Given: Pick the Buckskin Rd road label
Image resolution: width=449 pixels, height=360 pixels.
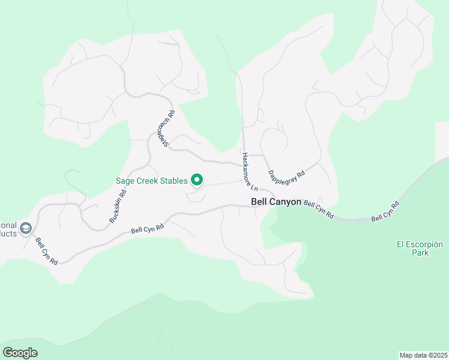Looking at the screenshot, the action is pyautogui.click(x=118, y=207).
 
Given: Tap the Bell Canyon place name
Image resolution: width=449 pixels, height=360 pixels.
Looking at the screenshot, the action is pyautogui.click(x=276, y=202).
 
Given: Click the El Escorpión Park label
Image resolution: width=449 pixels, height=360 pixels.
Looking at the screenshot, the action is pyautogui.click(x=420, y=248).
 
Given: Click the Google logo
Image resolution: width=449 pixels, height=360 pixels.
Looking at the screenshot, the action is pyautogui.click(x=20, y=352).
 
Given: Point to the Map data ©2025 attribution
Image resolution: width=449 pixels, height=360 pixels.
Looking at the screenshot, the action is pyautogui.click(x=423, y=355).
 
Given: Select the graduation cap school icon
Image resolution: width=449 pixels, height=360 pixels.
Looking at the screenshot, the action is pyautogui.click(x=25, y=229).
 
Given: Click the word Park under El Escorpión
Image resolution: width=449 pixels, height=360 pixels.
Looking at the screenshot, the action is pyautogui.click(x=420, y=253).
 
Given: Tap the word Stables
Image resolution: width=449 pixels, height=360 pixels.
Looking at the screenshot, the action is pyautogui.click(x=171, y=180).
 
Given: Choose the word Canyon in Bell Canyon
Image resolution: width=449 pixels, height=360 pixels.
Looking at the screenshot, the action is pyautogui.click(x=285, y=202).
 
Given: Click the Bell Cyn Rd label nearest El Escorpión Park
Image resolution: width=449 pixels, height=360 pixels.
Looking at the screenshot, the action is pyautogui.click(x=385, y=212).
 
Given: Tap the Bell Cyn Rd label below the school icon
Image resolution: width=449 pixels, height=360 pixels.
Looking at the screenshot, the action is pyautogui.click(x=46, y=251).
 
